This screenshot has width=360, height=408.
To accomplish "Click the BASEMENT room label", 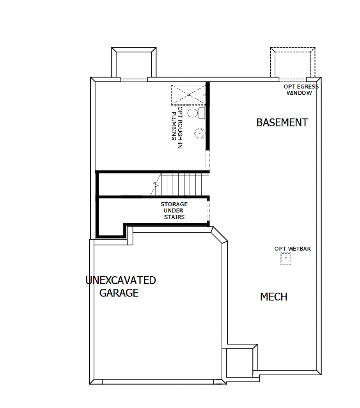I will pyautogui.click(x=282, y=122).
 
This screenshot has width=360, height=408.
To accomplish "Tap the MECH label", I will pyautogui.click(x=274, y=297).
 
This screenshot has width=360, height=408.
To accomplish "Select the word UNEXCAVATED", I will pyautogui.click(x=121, y=280).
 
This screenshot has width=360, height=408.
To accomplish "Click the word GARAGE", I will pyautogui.click(x=119, y=293).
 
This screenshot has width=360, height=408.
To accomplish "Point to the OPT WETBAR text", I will pyautogui.click(x=293, y=249).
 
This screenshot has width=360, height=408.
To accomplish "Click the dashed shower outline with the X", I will pyautogui.click(x=188, y=95).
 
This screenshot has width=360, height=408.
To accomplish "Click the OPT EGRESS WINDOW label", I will pyautogui.click(x=301, y=90).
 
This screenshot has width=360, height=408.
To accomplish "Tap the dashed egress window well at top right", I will pyautogui.click(x=293, y=62).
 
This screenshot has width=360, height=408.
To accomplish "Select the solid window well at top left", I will pyautogui.click(x=134, y=62).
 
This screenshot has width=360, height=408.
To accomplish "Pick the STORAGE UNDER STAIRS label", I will pyautogui.click(x=174, y=210).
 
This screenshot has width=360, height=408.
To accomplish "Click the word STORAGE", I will pyautogui.click(x=174, y=204).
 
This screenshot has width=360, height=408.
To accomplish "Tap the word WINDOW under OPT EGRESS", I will pyautogui.click(x=299, y=93).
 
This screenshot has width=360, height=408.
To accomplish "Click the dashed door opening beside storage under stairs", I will pyautogui.click(x=208, y=210).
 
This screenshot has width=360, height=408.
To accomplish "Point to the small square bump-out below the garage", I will pyautogui.click(x=239, y=362).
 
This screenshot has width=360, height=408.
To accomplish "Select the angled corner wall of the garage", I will pyautogui.click(x=219, y=235).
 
